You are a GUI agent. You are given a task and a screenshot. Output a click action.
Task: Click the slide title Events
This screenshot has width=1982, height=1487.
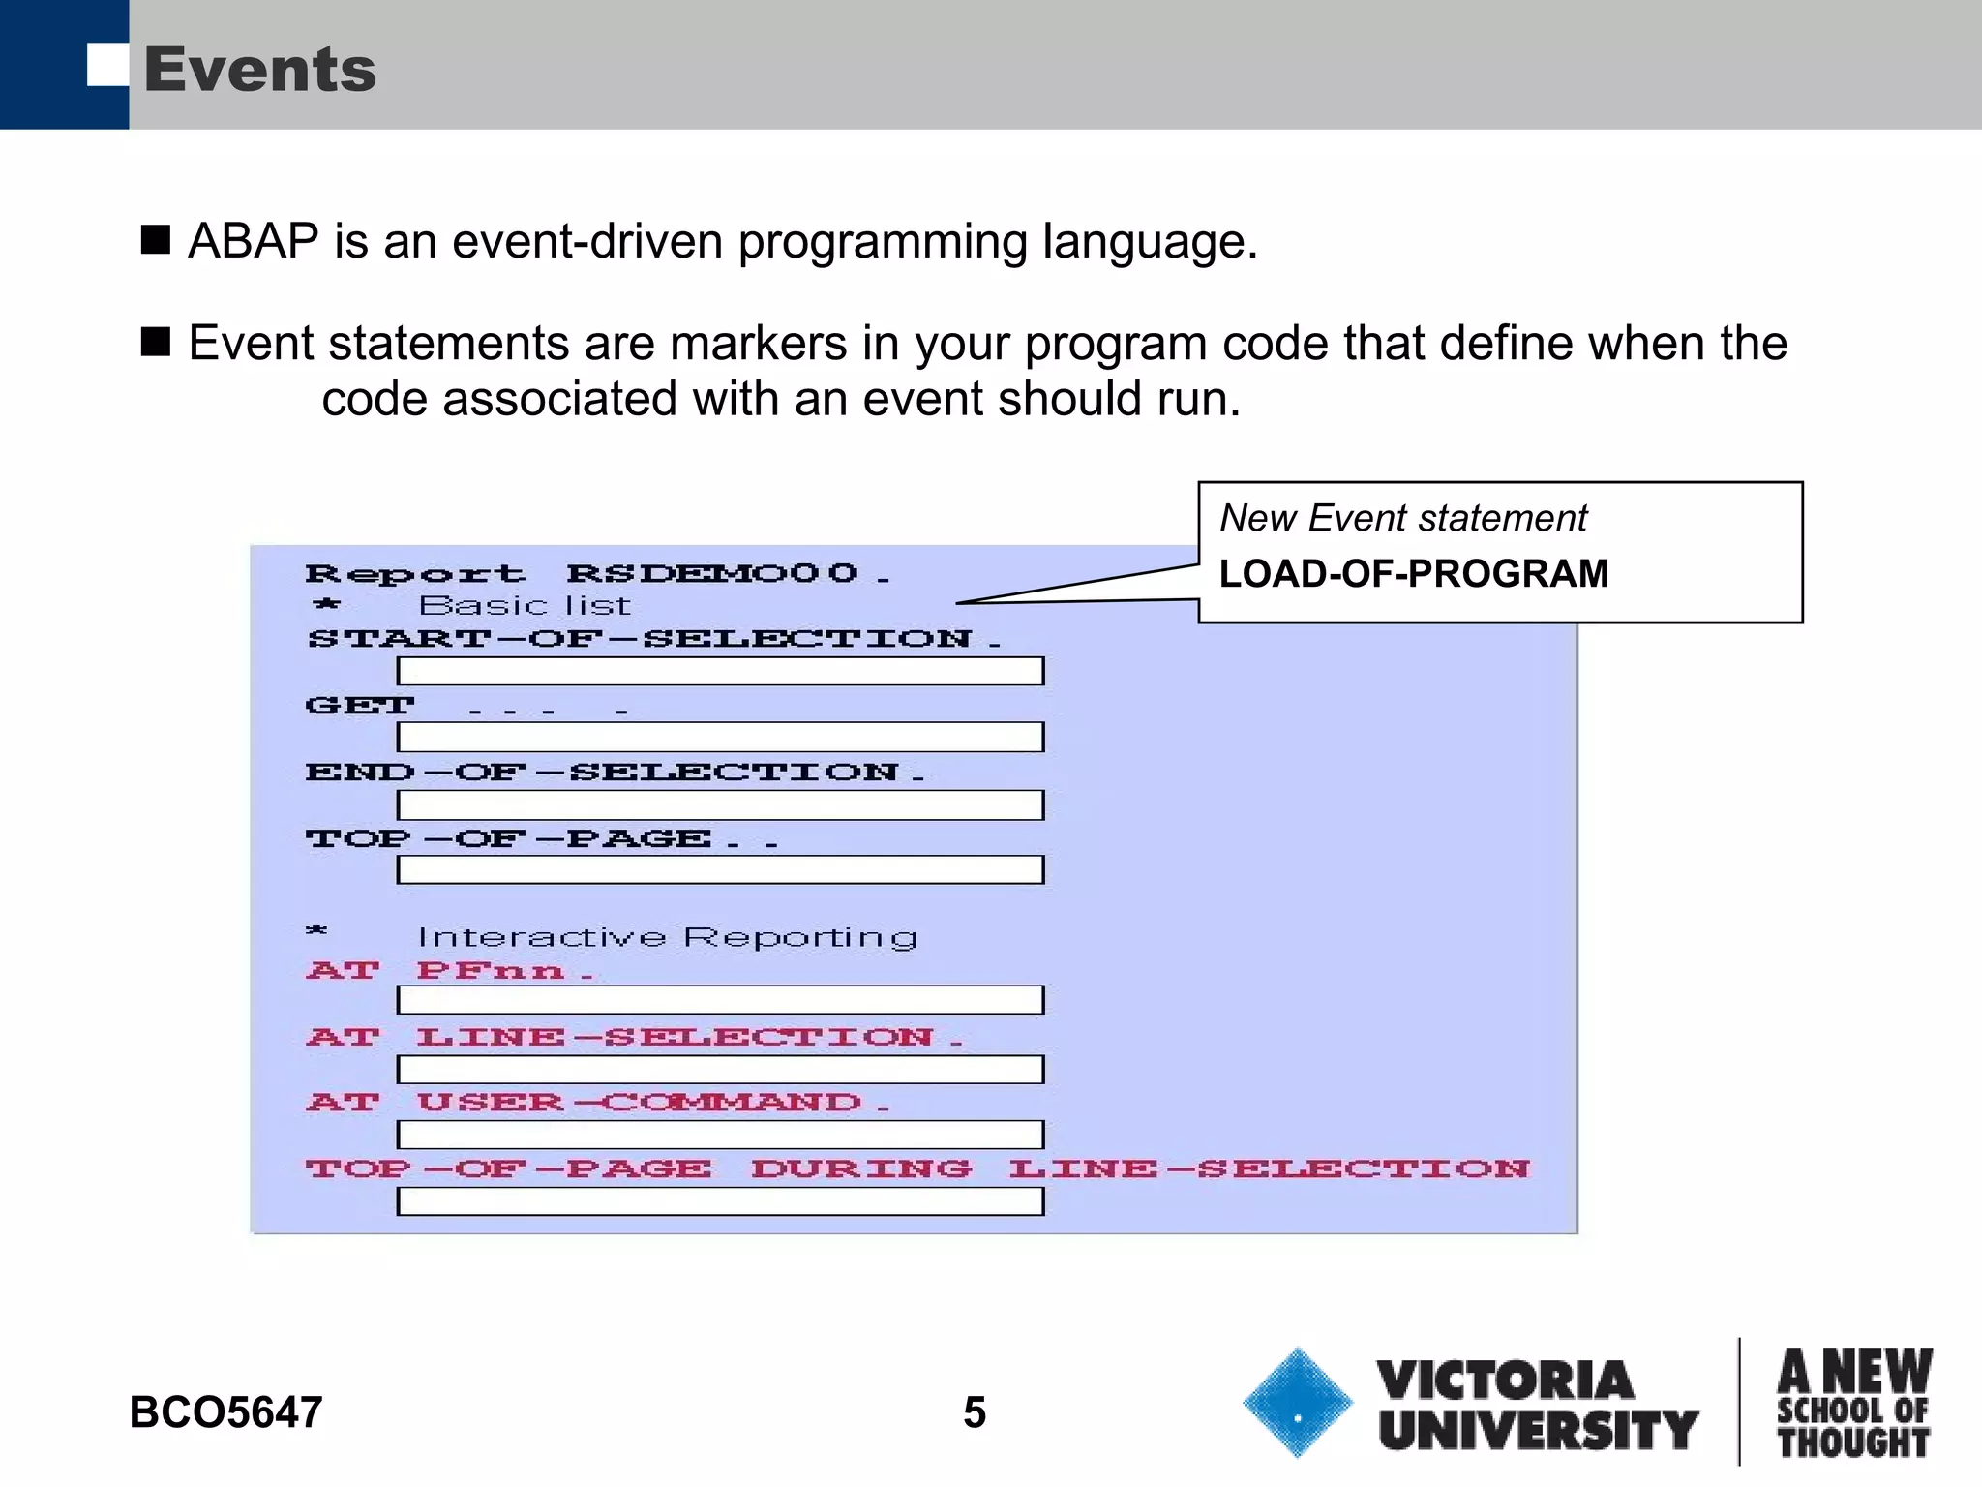(x=259, y=70)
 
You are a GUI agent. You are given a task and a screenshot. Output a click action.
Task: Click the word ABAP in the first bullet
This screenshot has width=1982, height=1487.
(x=254, y=241)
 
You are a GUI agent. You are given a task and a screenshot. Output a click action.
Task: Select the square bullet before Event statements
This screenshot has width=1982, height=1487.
(x=156, y=342)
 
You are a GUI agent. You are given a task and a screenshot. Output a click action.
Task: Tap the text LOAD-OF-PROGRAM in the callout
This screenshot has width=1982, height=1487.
(x=1413, y=574)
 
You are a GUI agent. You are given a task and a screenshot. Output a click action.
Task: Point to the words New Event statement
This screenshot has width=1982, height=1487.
(x=1402, y=519)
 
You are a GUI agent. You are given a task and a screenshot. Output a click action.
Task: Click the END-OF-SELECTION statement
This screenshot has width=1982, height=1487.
(x=615, y=773)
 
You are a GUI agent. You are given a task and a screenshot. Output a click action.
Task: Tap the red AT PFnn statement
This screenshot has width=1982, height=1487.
(x=449, y=971)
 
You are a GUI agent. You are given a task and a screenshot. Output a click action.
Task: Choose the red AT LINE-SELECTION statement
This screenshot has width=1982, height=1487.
(x=634, y=1038)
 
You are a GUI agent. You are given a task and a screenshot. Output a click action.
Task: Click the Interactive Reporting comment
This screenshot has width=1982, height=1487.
(x=667, y=937)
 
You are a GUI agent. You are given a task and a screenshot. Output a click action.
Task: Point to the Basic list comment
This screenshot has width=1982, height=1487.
(x=525, y=606)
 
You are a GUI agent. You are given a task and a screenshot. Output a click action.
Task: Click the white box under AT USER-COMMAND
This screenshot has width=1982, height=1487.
(x=720, y=1134)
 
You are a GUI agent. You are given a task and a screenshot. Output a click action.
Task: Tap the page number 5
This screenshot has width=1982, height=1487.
(x=974, y=1412)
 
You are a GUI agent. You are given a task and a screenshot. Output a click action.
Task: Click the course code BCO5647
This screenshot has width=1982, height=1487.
(x=225, y=1412)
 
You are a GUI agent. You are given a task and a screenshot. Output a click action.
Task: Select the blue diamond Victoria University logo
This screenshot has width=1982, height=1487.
(x=1297, y=1402)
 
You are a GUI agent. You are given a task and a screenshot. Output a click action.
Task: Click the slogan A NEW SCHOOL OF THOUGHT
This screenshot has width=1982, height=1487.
(x=1853, y=1403)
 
